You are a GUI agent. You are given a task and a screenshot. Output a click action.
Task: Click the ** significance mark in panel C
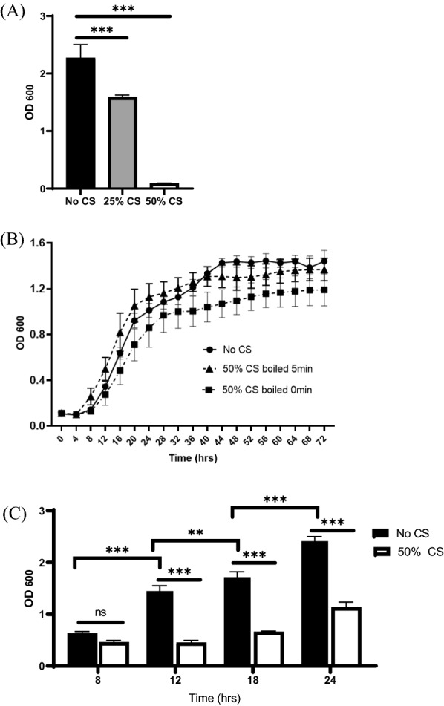click(x=195, y=532)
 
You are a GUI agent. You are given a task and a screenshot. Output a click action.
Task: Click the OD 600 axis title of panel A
click(x=31, y=101)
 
